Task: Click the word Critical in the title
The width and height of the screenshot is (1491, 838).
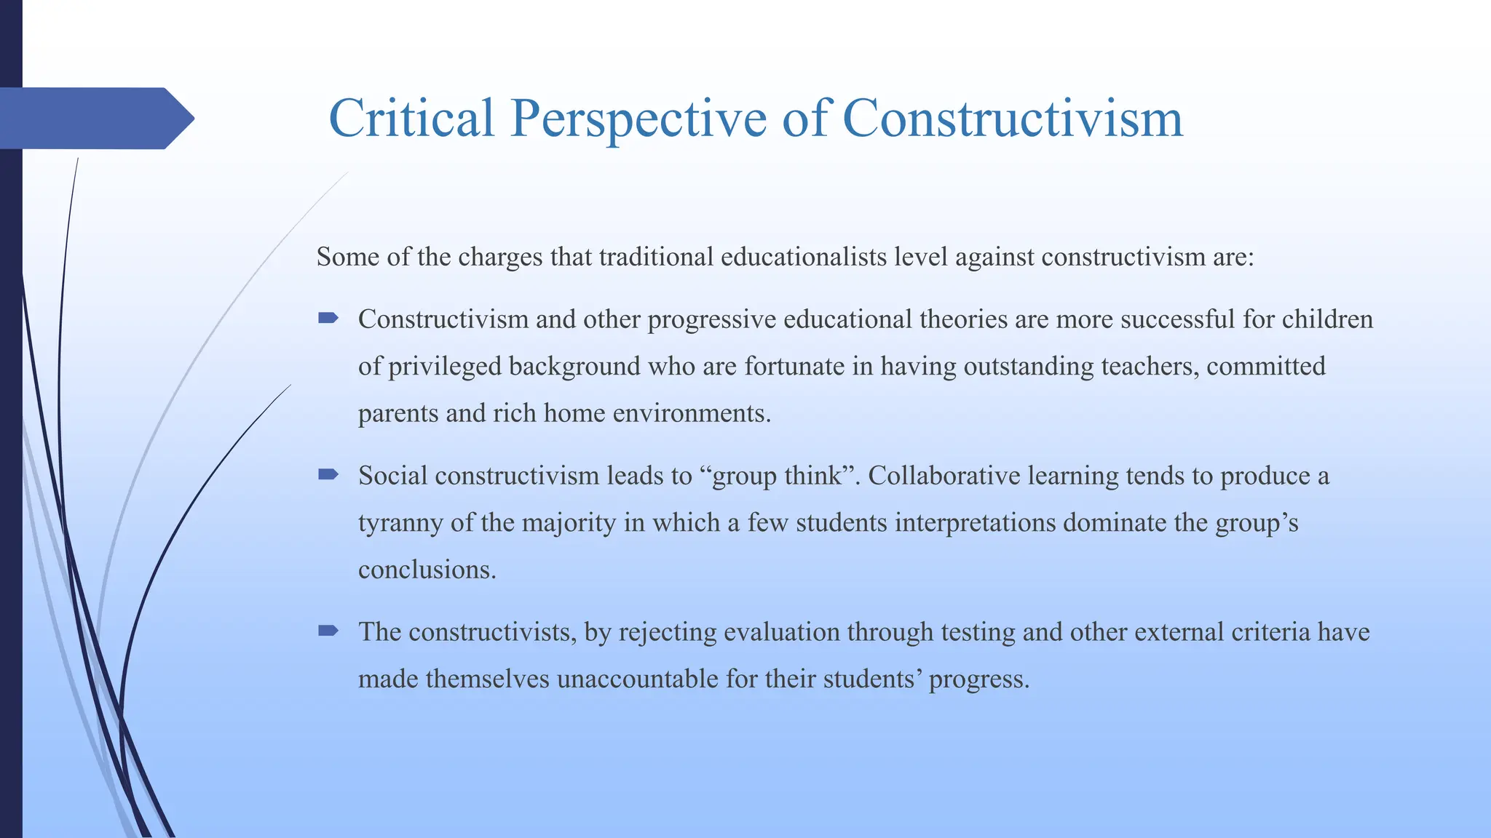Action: [411, 118]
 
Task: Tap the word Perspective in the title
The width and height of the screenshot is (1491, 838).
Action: [638, 118]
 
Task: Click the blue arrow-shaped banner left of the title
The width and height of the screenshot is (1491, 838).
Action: [95, 118]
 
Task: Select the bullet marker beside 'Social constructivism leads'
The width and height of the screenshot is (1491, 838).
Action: [328, 475]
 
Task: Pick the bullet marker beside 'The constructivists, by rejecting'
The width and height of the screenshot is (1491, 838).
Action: [328, 631]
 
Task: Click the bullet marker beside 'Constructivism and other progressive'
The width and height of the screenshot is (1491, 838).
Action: [328, 318]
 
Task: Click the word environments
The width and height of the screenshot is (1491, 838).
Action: [691, 413]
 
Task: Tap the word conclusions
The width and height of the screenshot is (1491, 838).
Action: [427, 569]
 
